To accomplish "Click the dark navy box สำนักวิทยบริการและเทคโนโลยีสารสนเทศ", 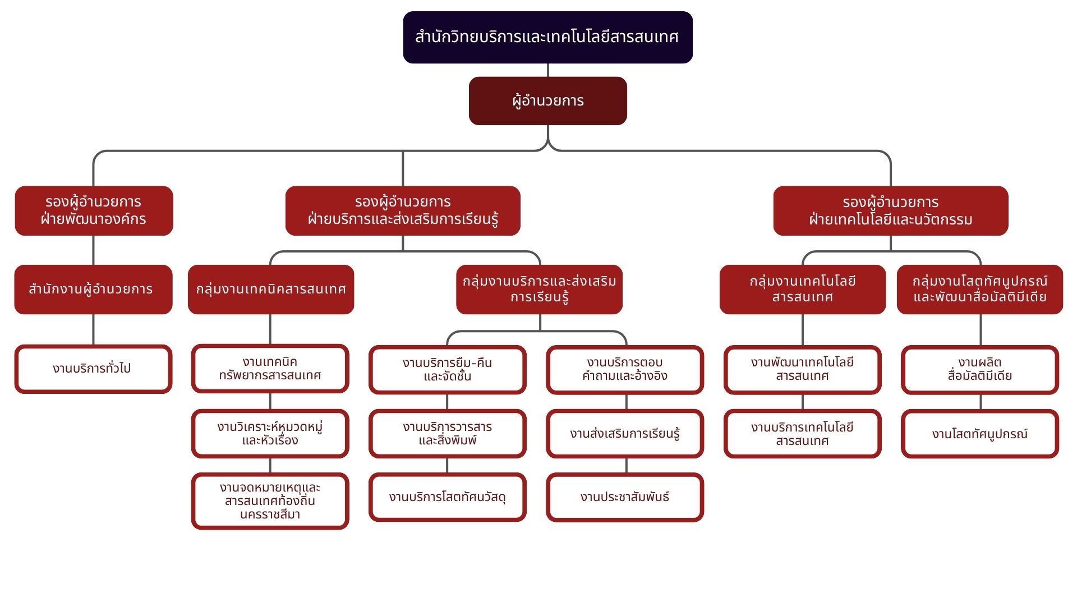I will tap(547, 37).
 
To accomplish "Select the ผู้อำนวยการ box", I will tap(547, 101).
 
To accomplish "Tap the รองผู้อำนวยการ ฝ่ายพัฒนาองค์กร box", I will tap(94, 210).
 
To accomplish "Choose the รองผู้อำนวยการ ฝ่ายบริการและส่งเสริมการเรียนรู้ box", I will tap(403, 210).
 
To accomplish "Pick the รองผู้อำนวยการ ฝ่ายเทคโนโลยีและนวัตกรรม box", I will tap(890, 210).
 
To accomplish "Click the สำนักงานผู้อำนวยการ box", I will tap(93, 289).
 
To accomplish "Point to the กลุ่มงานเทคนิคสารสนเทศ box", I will tap(271, 289).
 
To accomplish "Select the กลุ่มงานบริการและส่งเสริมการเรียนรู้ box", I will tap(539, 289).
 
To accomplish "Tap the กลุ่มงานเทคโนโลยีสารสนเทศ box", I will tap(802, 289).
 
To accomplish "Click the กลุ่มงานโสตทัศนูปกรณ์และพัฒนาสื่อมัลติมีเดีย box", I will tap(979, 289).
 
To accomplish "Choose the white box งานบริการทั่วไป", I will tap(93, 369).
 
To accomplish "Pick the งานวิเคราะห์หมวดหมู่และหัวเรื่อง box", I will tap(270, 433).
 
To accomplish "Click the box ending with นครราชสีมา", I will tap(270, 501).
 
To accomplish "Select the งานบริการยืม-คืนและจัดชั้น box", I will tap(447, 369).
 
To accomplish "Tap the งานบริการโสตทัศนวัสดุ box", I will tap(447, 497).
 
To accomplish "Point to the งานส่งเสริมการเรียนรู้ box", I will tap(625, 433).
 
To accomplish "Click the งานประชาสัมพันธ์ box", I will tap(625, 497).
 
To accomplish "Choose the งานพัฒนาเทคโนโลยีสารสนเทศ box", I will tap(802, 369).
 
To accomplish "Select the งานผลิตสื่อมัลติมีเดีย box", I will tap(979, 369).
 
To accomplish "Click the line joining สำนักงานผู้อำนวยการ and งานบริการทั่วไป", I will tap(93, 329).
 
